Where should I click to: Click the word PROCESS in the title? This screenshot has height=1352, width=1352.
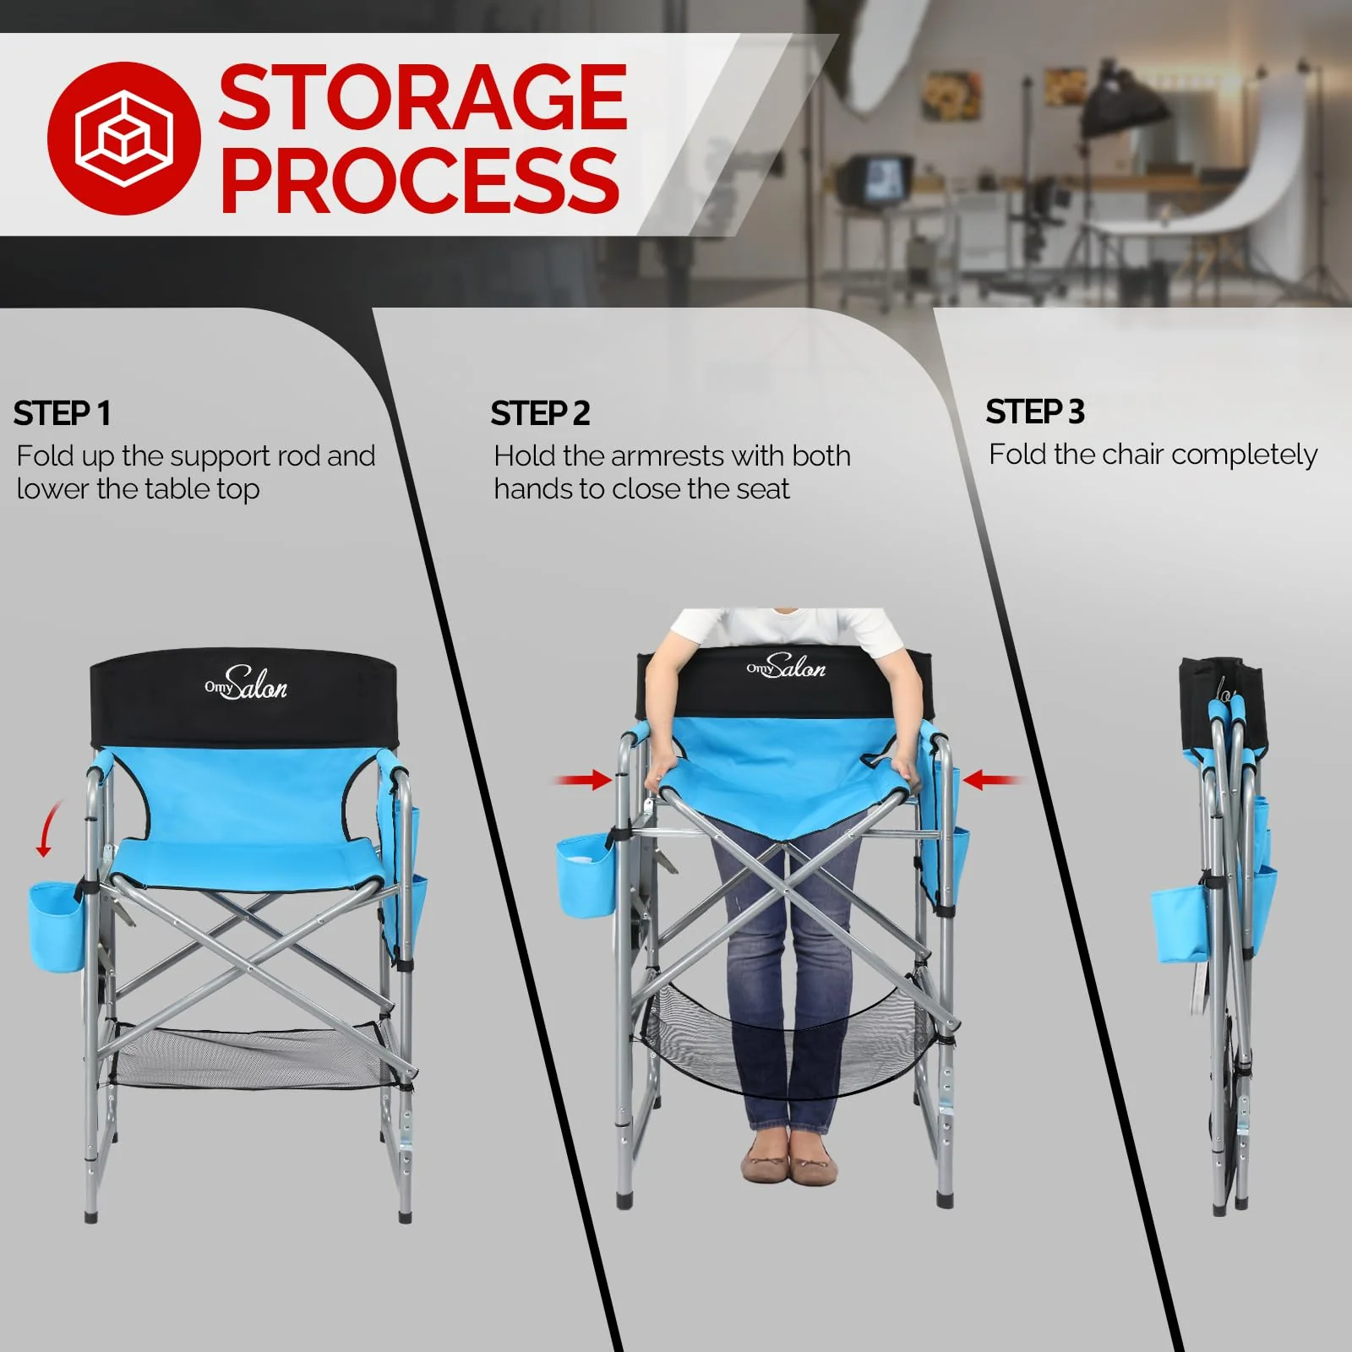(419, 179)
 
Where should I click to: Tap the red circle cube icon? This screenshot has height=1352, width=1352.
(123, 138)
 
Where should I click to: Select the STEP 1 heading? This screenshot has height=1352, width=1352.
(62, 414)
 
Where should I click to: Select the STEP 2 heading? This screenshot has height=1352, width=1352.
(540, 414)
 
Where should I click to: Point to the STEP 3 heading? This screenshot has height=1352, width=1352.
(1034, 412)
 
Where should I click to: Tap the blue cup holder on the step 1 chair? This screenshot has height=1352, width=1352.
(56, 927)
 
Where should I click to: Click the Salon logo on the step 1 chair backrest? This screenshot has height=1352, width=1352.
(247, 684)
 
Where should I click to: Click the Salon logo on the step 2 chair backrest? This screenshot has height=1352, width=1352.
(786, 667)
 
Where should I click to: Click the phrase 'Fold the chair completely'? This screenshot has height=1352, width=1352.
(1153, 455)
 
